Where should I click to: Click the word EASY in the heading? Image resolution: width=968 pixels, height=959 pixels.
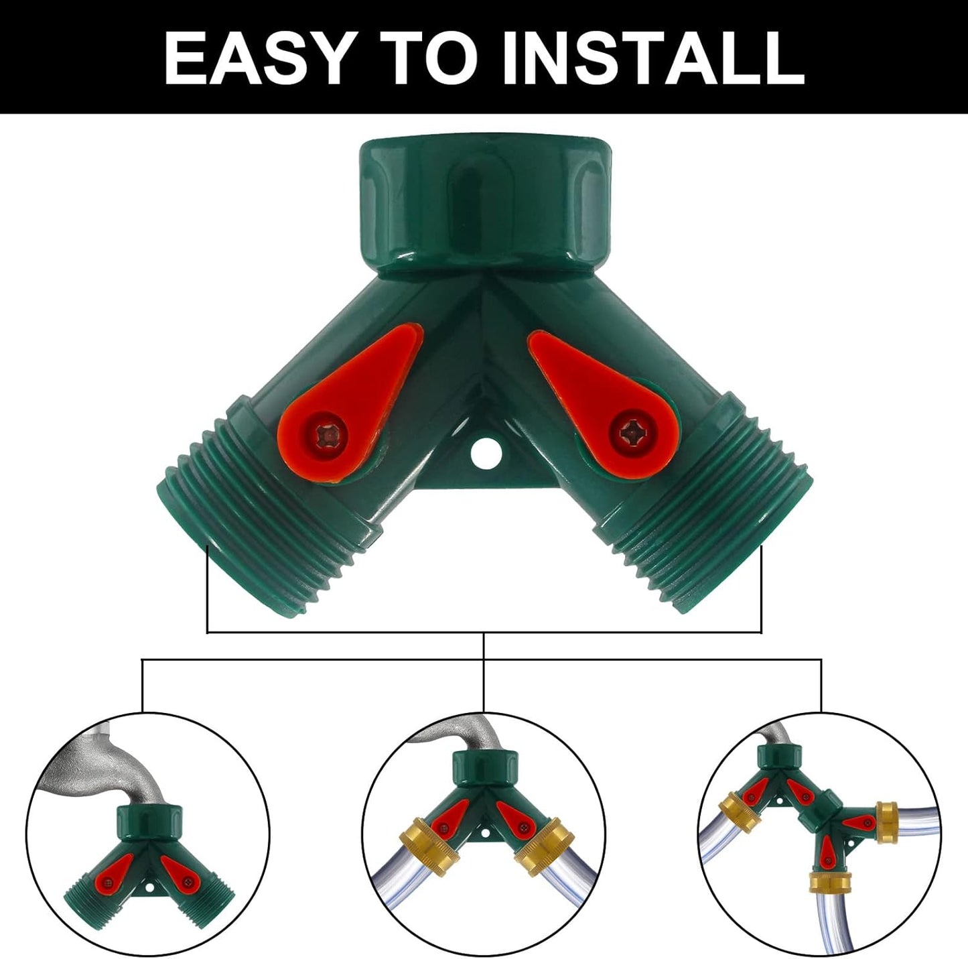point(258,58)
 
